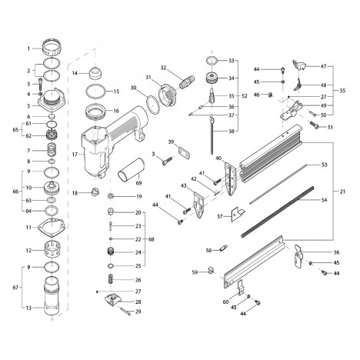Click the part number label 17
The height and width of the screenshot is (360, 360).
tap(75, 155)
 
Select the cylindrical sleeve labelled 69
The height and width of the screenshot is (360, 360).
tap(131, 169)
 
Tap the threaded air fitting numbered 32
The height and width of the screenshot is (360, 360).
tap(187, 82)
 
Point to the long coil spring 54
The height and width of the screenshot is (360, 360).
tap(278, 212)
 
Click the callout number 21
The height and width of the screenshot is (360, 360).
tap(342, 192)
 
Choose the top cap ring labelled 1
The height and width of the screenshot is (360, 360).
tap(52, 48)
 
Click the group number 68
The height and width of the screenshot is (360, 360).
tap(152, 239)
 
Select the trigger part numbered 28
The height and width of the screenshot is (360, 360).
tap(113, 300)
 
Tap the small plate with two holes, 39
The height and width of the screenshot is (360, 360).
tap(185, 152)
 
